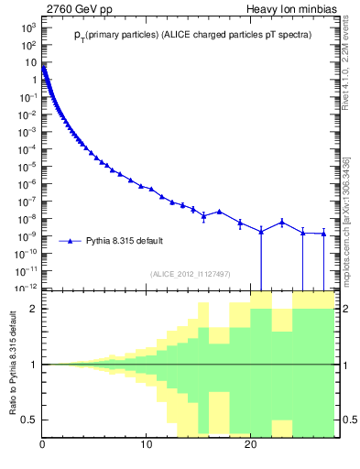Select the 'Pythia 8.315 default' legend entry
[125, 241]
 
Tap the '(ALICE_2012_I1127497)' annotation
[189, 273]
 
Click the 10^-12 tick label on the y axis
[27, 288]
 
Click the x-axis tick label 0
[42, 446]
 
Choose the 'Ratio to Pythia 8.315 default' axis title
[12, 365]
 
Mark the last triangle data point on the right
[323, 234]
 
